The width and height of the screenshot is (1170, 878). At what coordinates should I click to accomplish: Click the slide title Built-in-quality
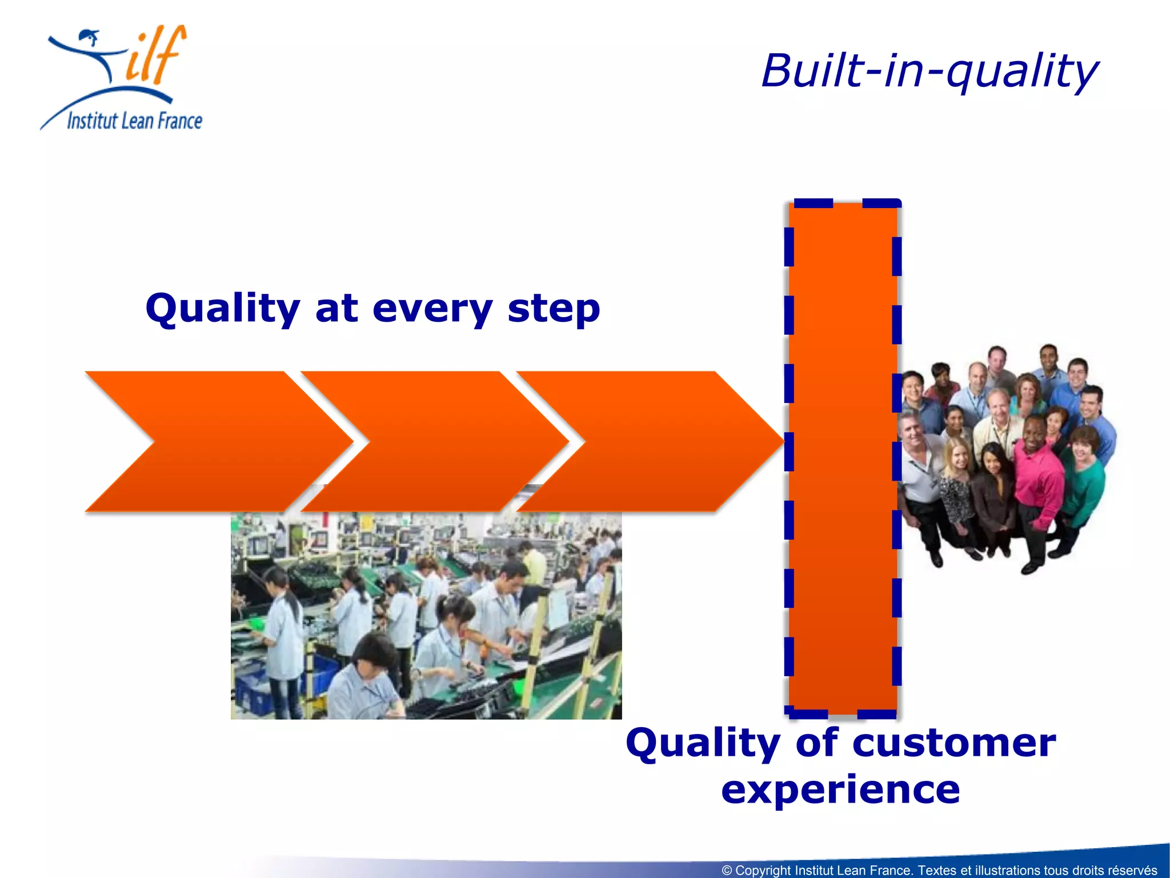929,71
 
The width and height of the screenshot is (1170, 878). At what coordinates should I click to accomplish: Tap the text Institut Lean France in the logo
134,121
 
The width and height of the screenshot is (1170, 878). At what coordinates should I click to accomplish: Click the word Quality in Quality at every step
222,309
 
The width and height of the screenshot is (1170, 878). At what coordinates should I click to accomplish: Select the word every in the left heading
432,309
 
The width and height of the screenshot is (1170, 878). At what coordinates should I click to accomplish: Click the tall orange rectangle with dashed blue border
843,457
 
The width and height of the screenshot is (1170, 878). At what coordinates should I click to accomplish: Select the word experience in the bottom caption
840,790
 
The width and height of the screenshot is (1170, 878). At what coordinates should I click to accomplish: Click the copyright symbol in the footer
727,871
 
